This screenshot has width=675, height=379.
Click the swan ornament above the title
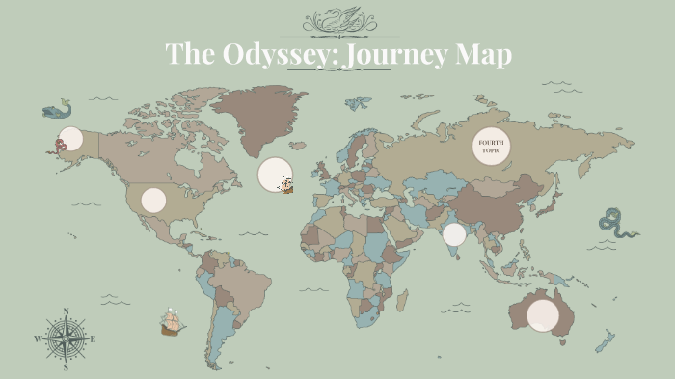tap(338, 19)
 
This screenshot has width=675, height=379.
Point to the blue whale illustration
tap(57, 109)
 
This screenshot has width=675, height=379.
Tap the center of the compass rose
tap(66, 338)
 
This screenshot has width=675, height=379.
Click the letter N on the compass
tap(66, 311)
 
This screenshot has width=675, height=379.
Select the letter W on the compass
tap(39, 339)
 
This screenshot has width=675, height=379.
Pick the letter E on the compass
tap(93, 339)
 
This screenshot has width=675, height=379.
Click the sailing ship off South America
tap(173, 321)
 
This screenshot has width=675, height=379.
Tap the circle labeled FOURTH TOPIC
tap(490, 147)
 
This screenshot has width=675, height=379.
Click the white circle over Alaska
tap(70, 138)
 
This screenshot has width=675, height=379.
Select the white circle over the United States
tap(153, 200)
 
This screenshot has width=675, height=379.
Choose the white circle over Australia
tap(543, 314)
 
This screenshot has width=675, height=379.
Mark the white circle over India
tap(454, 234)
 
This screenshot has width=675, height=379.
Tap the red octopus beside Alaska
tap(60, 145)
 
